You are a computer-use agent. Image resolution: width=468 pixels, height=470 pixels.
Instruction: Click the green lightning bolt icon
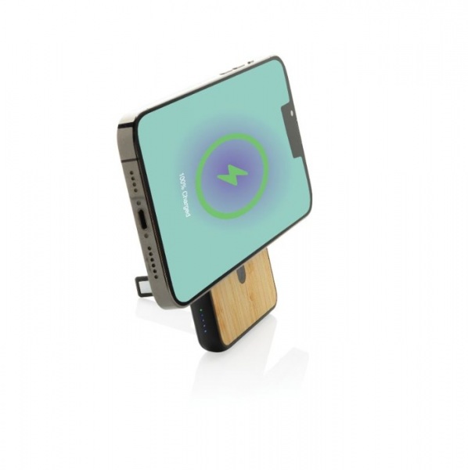pyautogui.click(x=232, y=174)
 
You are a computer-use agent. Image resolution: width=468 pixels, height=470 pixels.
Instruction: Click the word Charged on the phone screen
pyautogui.click(x=186, y=204)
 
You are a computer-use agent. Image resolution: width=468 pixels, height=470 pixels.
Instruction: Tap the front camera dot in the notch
pyautogui.click(x=292, y=114)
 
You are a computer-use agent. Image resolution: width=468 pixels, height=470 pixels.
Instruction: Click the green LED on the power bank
pyautogui.click(x=201, y=310)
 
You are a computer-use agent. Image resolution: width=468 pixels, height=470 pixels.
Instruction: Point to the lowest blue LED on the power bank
pyautogui.click(x=205, y=331)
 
